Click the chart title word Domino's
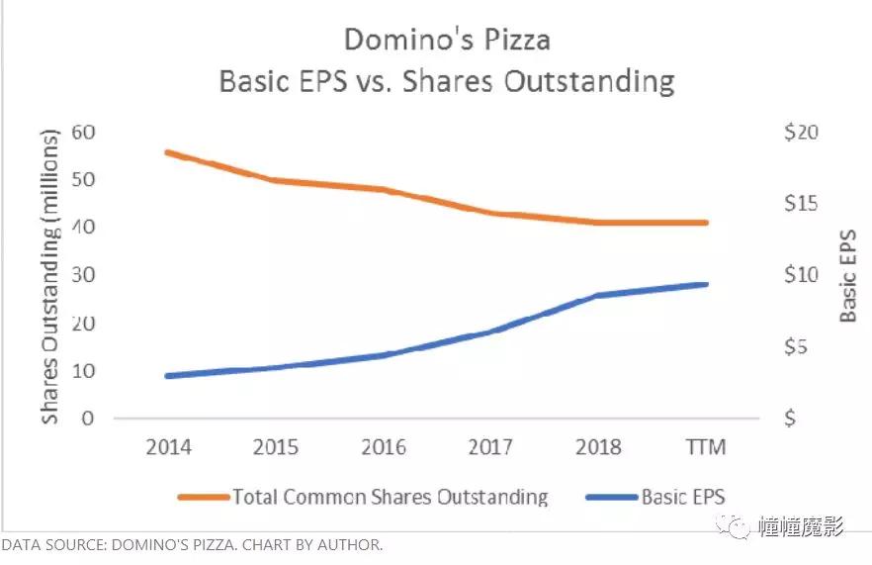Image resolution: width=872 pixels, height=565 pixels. [396, 40]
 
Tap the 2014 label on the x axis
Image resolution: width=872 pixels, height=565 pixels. [169, 447]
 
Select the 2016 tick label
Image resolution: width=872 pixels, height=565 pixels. [384, 447]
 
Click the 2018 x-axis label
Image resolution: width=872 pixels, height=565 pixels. [598, 447]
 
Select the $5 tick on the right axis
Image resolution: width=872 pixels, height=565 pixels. [796, 347]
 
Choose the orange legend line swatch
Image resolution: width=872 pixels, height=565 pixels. [202, 497]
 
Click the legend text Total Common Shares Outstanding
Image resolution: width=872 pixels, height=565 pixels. [389, 497]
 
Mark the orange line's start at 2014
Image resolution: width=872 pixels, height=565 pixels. [166, 152]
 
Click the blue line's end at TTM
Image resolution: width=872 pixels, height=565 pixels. [707, 284]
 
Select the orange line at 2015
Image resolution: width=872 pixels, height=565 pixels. [274, 180]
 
